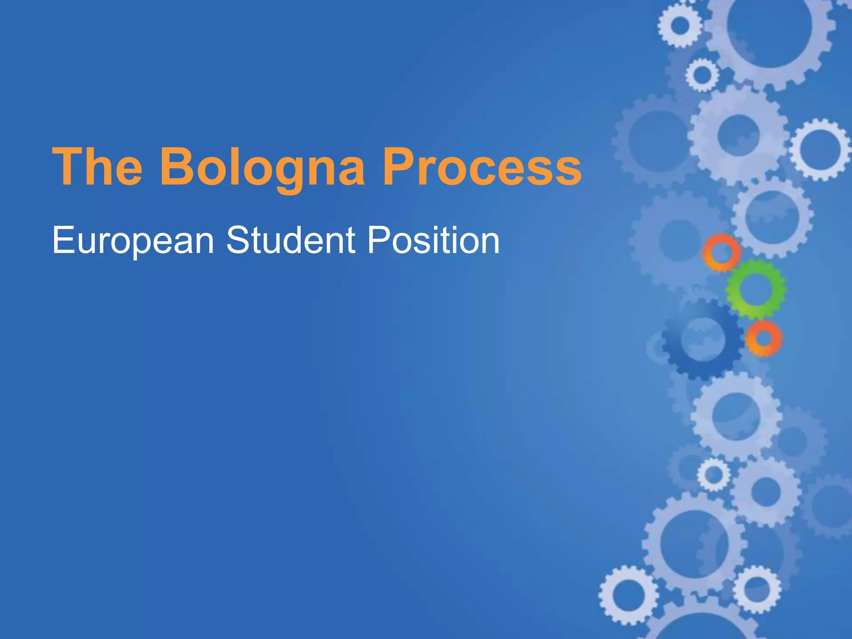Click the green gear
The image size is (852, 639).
(755, 289)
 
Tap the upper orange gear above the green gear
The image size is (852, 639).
(721, 252)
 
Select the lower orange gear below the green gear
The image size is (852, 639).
(763, 338)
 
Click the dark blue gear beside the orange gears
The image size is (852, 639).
(702, 338)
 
